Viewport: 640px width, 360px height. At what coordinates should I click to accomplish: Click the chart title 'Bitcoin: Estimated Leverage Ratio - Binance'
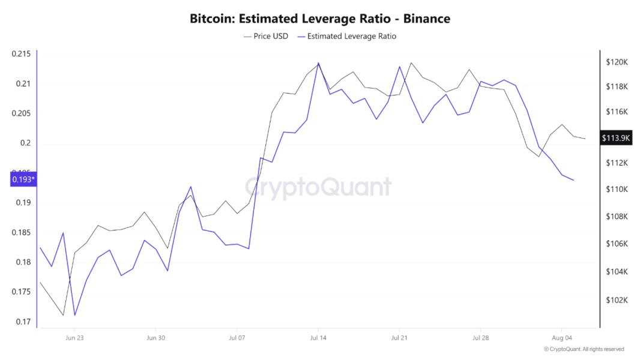[319, 19]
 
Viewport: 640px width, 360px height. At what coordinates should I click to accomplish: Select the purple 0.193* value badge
[23, 179]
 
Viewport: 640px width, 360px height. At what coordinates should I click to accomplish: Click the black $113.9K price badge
[616, 138]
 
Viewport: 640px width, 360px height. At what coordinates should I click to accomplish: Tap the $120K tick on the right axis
[617, 62]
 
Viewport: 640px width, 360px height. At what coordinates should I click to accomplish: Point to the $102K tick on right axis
[617, 300]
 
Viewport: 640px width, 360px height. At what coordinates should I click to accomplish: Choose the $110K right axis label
[617, 189]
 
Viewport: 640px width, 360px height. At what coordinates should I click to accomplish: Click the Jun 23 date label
[74, 338]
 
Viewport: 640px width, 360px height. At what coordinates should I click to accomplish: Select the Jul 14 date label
[318, 338]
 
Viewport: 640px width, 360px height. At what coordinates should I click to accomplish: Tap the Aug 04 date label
[561, 338]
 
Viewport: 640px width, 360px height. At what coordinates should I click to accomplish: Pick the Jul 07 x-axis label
[237, 338]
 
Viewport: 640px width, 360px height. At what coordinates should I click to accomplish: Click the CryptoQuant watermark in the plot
[319, 187]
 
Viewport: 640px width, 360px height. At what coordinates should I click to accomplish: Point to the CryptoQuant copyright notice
[584, 349]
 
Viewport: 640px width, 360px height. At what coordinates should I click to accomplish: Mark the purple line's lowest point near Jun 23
[75, 315]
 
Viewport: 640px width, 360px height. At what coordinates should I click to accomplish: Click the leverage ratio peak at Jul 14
[318, 63]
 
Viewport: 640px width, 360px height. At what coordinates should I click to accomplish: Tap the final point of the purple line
[573, 180]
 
